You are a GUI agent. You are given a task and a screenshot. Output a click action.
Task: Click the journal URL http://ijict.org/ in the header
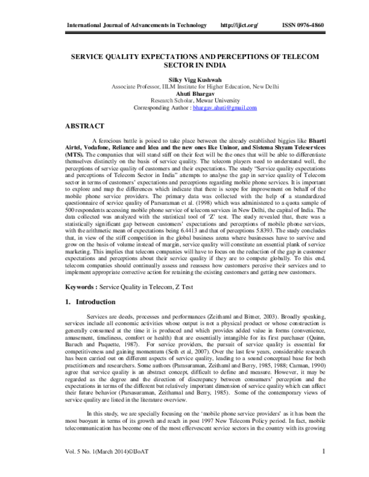pyautogui.click(x=239, y=25)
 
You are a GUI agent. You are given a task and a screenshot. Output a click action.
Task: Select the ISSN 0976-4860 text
pyautogui.click(x=302, y=25)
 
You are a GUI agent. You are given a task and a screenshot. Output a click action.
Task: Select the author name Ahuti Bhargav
pyautogui.click(x=184, y=93)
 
